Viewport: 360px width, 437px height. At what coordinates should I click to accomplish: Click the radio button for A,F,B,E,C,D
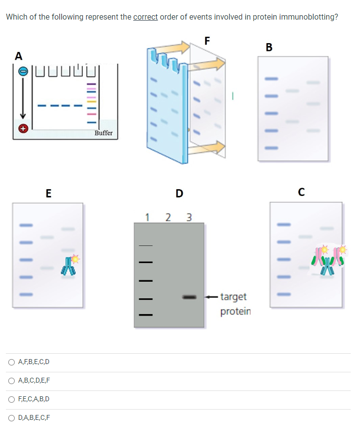click(x=11, y=363)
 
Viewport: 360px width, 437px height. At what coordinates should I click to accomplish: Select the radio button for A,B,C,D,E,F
click(x=11, y=381)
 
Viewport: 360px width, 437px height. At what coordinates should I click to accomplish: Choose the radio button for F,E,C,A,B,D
click(x=11, y=399)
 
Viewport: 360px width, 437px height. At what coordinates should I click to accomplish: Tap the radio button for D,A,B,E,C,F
click(x=11, y=418)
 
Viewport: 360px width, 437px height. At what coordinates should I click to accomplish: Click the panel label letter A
click(x=18, y=56)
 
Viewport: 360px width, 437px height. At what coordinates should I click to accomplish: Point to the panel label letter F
click(x=207, y=41)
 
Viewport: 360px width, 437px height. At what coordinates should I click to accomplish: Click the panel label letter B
click(x=268, y=48)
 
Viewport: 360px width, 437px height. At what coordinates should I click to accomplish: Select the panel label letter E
click(x=48, y=193)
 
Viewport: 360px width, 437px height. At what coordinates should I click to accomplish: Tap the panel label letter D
click(x=179, y=194)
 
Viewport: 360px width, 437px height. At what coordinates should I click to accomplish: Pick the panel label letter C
click(x=302, y=192)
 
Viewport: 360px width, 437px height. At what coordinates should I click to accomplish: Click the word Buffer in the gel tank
click(x=103, y=133)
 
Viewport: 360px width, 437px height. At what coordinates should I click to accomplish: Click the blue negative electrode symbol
click(x=22, y=72)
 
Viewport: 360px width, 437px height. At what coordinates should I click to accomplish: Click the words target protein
click(x=235, y=304)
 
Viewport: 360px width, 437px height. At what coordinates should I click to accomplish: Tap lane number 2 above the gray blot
click(x=168, y=217)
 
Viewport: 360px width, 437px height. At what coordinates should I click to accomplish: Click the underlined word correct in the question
click(x=145, y=17)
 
